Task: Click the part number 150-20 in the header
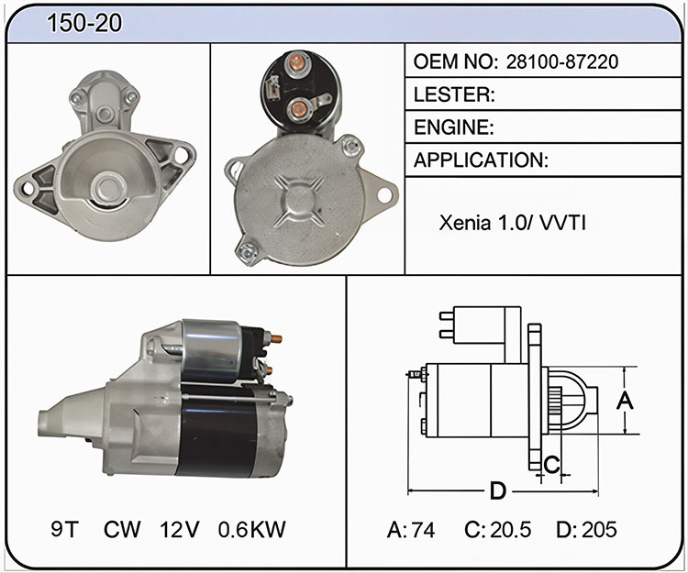(x=84, y=23)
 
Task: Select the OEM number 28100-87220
(x=562, y=61)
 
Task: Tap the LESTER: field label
(x=454, y=94)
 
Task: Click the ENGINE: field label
(x=454, y=127)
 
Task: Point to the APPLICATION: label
(x=481, y=160)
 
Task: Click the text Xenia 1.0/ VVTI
(x=512, y=223)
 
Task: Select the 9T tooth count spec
(x=64, y=529)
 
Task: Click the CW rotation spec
(x=122, y=529)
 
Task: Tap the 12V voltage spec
(x=180, y=529)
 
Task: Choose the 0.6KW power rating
(x=252, y=529)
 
